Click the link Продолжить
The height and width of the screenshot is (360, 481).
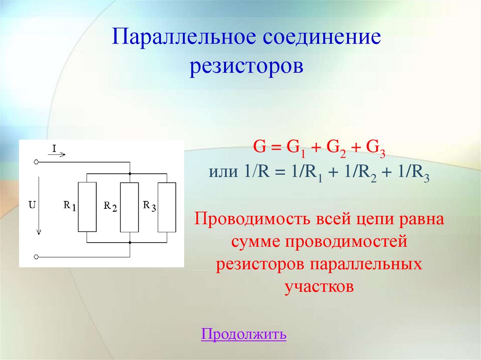coord(243,334)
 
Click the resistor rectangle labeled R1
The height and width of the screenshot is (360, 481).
coord(87,207)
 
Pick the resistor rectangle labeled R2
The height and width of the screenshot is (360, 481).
coord(129,207)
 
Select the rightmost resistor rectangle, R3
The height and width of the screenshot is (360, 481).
coord(167,207)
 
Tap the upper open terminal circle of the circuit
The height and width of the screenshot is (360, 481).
coord(36,162)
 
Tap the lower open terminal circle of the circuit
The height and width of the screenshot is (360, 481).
coord(36,257)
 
